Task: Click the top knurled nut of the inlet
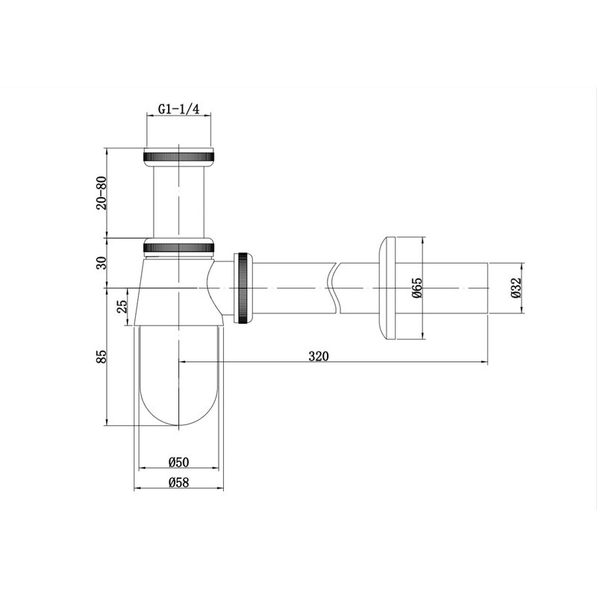178,156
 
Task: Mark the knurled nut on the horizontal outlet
244,287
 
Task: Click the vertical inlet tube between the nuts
178,200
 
